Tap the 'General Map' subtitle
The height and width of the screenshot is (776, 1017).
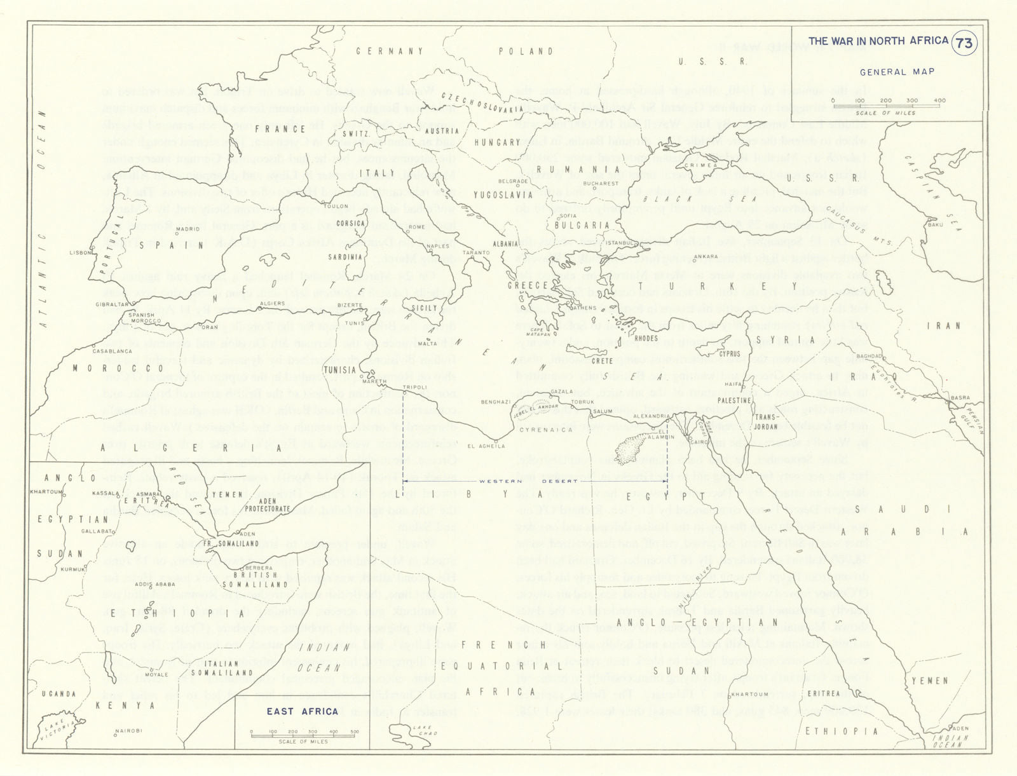tap(897, 72)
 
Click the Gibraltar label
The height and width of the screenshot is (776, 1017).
tap(107, 304)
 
